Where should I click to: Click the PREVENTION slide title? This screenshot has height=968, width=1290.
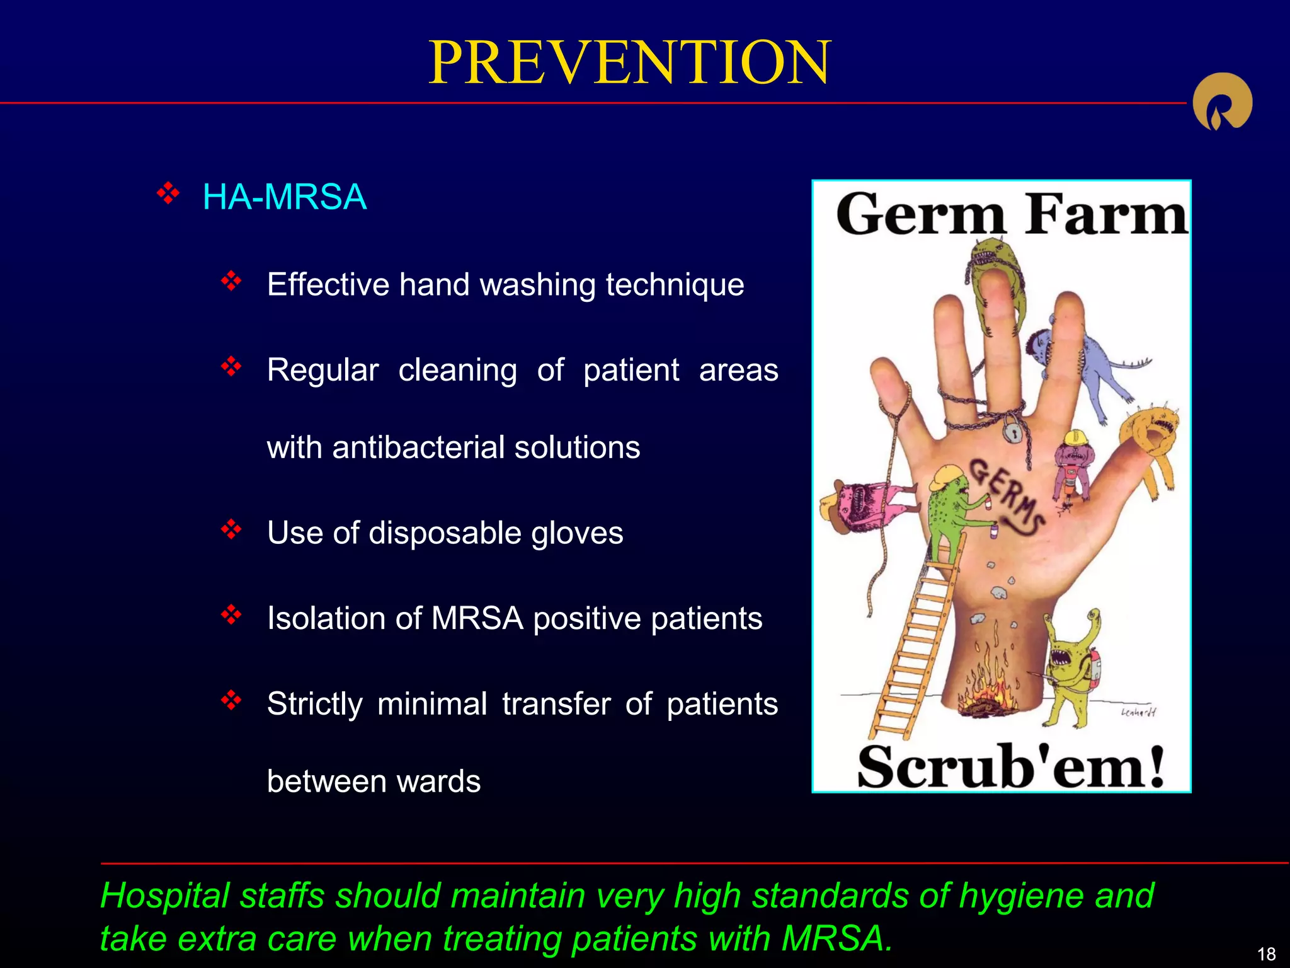coord(629,63)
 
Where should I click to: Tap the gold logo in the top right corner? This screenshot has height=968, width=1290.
coord(1222,102)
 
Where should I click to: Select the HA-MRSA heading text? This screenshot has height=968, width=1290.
coord(284,197)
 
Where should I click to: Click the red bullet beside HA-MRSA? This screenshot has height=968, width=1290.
coord(168,193)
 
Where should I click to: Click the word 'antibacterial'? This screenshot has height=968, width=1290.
coord(419,447)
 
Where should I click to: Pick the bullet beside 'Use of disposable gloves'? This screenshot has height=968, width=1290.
coord(231,529)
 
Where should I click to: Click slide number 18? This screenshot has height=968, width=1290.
coord(1266,954)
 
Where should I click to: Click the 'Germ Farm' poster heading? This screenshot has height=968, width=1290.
coord(1010,216)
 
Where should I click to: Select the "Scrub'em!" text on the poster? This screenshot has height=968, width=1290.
coord(1010,767)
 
